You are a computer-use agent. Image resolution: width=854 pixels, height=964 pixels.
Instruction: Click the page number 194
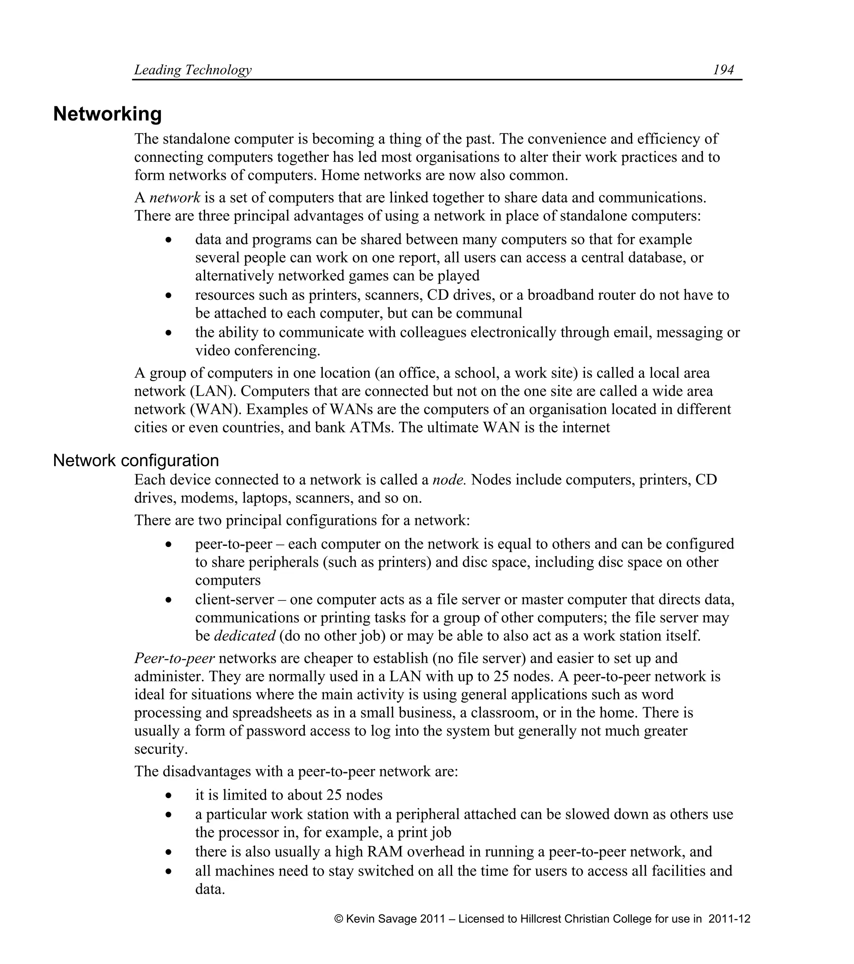pyautogui.click(x=723, y=70)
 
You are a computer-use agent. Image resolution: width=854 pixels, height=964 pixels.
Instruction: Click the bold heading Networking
pyautogui.click(x=107, y=114)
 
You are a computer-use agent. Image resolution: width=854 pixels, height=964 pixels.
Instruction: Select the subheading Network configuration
pyautogui.click(x=136, y=460)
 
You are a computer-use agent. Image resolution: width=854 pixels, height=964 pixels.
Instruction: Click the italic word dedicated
pyautogui.click(x=244, y=636)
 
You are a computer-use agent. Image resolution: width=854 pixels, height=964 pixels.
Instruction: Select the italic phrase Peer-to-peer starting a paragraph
pyautogui.click(x=174, y=658)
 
